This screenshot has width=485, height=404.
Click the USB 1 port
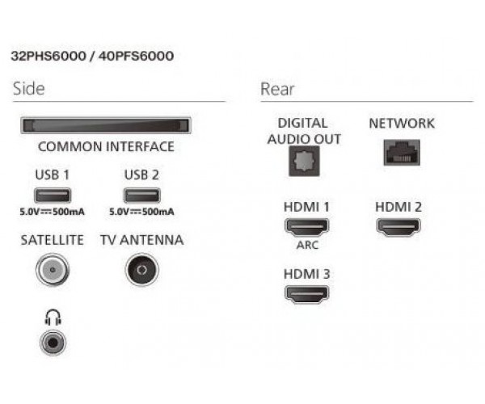click(x=53, y=196)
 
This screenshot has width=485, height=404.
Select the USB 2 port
click(x=142, y=196)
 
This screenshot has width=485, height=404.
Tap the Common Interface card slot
click(x=106, y=125)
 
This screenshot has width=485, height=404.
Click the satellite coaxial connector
click(x=53, y=270)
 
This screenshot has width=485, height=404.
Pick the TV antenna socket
click(x=142, y=270)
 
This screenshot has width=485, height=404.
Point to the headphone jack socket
click(x=53, y=343)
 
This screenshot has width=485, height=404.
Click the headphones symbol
click(x=53, y=318)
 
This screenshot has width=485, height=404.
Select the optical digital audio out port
click(x=304, y=162)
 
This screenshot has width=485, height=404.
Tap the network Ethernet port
click(x=402, y=153)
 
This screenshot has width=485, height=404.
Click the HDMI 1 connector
click(x=306, y=227)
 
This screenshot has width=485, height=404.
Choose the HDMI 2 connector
click(x=399, y=227)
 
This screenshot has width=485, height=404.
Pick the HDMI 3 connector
click(x=306, y=294)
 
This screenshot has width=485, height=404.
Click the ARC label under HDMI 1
click(x=307, y=245)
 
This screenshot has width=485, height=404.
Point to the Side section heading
click(x=29, y=89)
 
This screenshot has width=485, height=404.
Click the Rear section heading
click(x=277, y=90)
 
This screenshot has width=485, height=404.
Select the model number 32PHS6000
click(x=48, y=57)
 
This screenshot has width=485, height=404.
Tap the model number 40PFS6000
click(x=136, y=57)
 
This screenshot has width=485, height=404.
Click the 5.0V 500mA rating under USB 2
click(x=141, y=212)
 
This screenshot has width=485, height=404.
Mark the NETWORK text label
click(x=402, y=124)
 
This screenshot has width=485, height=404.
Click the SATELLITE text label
click(x=53, y=240)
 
